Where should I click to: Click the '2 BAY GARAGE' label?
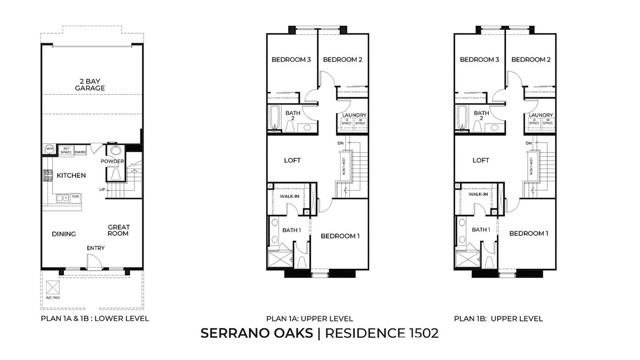pyautogui.click(x=91, y=85)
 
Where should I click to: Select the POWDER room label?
pyautogui.click(x=113, y=161)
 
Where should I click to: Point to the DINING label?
pyautogui.click(x=64, y=234)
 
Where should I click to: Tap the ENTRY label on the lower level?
pyautogui.click(x=95, y=248)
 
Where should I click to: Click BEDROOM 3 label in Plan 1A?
pyautogui.click(x=290, y=60)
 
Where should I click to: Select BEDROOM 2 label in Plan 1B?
pyautogui.click(x=531, y=60)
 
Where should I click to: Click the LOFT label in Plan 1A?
pyautogui.click(x=293, y=160)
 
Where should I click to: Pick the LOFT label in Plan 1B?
pyautogui.click(x=481, y=160)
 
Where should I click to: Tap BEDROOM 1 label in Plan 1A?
pyautogui.click(x=340, y=235)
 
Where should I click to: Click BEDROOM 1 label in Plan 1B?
pyautogui.click(x=528, y=233)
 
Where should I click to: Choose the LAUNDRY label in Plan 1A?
pyautogui.click(x=353, y=115)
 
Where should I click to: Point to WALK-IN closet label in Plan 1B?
pyautogui.click(x=478, y=194)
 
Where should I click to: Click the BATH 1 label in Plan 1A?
pyautogui.click(x=291, y=230)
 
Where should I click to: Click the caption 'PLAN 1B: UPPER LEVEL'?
pyautogui.click(x=498, y=318)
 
